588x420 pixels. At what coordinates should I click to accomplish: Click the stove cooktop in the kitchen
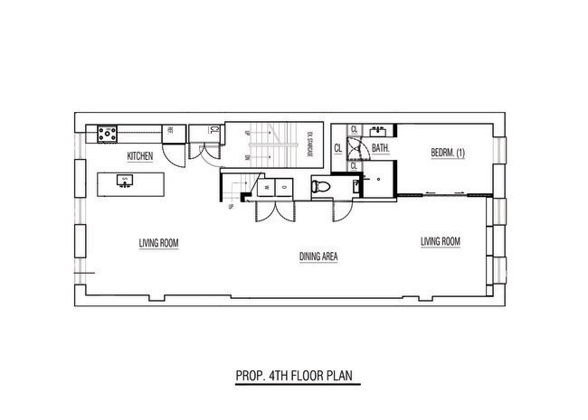(x=109, y=134)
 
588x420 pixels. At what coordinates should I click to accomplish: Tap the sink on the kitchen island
(x=124, y=183)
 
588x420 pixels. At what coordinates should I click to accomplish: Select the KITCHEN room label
(x=139, y=156)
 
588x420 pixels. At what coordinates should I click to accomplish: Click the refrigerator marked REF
(x=169, y=133)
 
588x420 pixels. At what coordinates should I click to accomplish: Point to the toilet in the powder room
(x=319, y=188)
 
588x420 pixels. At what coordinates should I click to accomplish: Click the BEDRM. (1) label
(x=447, y=152)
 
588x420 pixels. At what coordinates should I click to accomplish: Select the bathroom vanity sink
(x=379, y=130)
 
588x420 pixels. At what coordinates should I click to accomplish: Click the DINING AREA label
(x=318, y=257)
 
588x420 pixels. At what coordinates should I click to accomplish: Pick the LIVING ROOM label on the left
(x=158, y=242)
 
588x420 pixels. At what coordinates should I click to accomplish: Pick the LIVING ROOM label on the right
(x=441, y=241)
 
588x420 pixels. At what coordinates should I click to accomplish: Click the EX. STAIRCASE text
(x=308, y=143)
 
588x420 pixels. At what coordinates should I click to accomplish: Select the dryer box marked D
(x=283, y=187)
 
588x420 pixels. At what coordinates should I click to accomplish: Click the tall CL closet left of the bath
(x=338, y=148)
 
